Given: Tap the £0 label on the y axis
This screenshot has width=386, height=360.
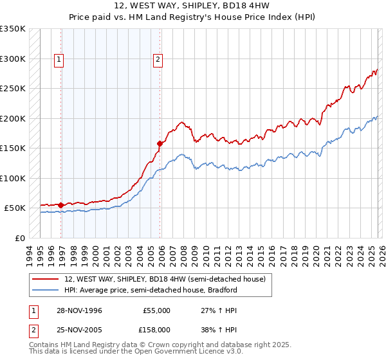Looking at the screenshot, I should tap(19, 238).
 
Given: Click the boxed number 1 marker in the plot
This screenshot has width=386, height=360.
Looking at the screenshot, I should tap(59, 60).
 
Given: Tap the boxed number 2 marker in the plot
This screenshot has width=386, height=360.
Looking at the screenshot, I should tap(158, 60).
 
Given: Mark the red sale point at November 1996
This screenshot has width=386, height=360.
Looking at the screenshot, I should tap(61, 205).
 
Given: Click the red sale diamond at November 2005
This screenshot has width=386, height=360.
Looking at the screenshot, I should tap(160, 144).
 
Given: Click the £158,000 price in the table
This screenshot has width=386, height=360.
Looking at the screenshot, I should tap(157, 329).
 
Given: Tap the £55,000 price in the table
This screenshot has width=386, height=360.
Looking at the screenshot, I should tap(157, 310).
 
